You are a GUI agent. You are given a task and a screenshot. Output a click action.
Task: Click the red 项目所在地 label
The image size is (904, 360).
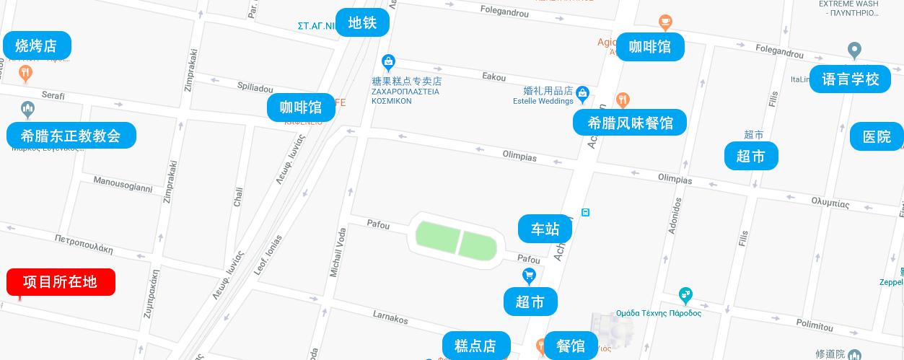click(x=61, y=282)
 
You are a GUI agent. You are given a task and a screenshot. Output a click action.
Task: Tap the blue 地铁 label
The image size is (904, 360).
click(x=362, y=22)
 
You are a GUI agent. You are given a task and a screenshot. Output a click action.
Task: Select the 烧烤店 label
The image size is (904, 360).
click(x=36, y=45)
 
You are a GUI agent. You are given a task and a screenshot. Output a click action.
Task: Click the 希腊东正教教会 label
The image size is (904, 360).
click(x=71, y=135)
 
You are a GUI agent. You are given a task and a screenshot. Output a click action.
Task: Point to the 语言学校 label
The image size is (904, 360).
click(x=851, y=79)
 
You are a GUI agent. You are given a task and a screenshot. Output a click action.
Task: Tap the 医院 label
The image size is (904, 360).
click(x=877, y=136)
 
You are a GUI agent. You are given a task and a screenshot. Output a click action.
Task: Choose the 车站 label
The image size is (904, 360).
click(x=545, y=229)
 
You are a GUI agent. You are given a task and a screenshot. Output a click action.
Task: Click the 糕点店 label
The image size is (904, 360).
click(x=475, y=346)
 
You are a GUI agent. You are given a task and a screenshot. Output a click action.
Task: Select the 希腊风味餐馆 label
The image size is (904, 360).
click(x=630, y=123)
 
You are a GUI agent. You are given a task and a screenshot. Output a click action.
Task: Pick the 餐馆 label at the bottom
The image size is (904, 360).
click(x=571, y=346)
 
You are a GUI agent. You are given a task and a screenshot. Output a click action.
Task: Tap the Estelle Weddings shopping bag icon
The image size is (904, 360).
click(x=583, y=92)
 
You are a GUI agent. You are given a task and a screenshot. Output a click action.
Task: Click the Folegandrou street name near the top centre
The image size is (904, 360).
click(x=504, y=13)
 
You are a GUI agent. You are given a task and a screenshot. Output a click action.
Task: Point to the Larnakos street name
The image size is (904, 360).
click(x=390, y=316)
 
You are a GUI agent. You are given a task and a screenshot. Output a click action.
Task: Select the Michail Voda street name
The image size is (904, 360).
click(x=338, y=253)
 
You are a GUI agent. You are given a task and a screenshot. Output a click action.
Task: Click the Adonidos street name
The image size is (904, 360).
click(x=675, y=216)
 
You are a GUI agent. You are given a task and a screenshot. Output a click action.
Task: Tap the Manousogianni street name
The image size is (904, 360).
click(x=123, y=185)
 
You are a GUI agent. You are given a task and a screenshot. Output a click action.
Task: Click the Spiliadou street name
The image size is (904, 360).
click(x=255, y=87)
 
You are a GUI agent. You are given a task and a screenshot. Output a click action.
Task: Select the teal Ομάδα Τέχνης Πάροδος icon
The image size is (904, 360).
click(x=685, y=295)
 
